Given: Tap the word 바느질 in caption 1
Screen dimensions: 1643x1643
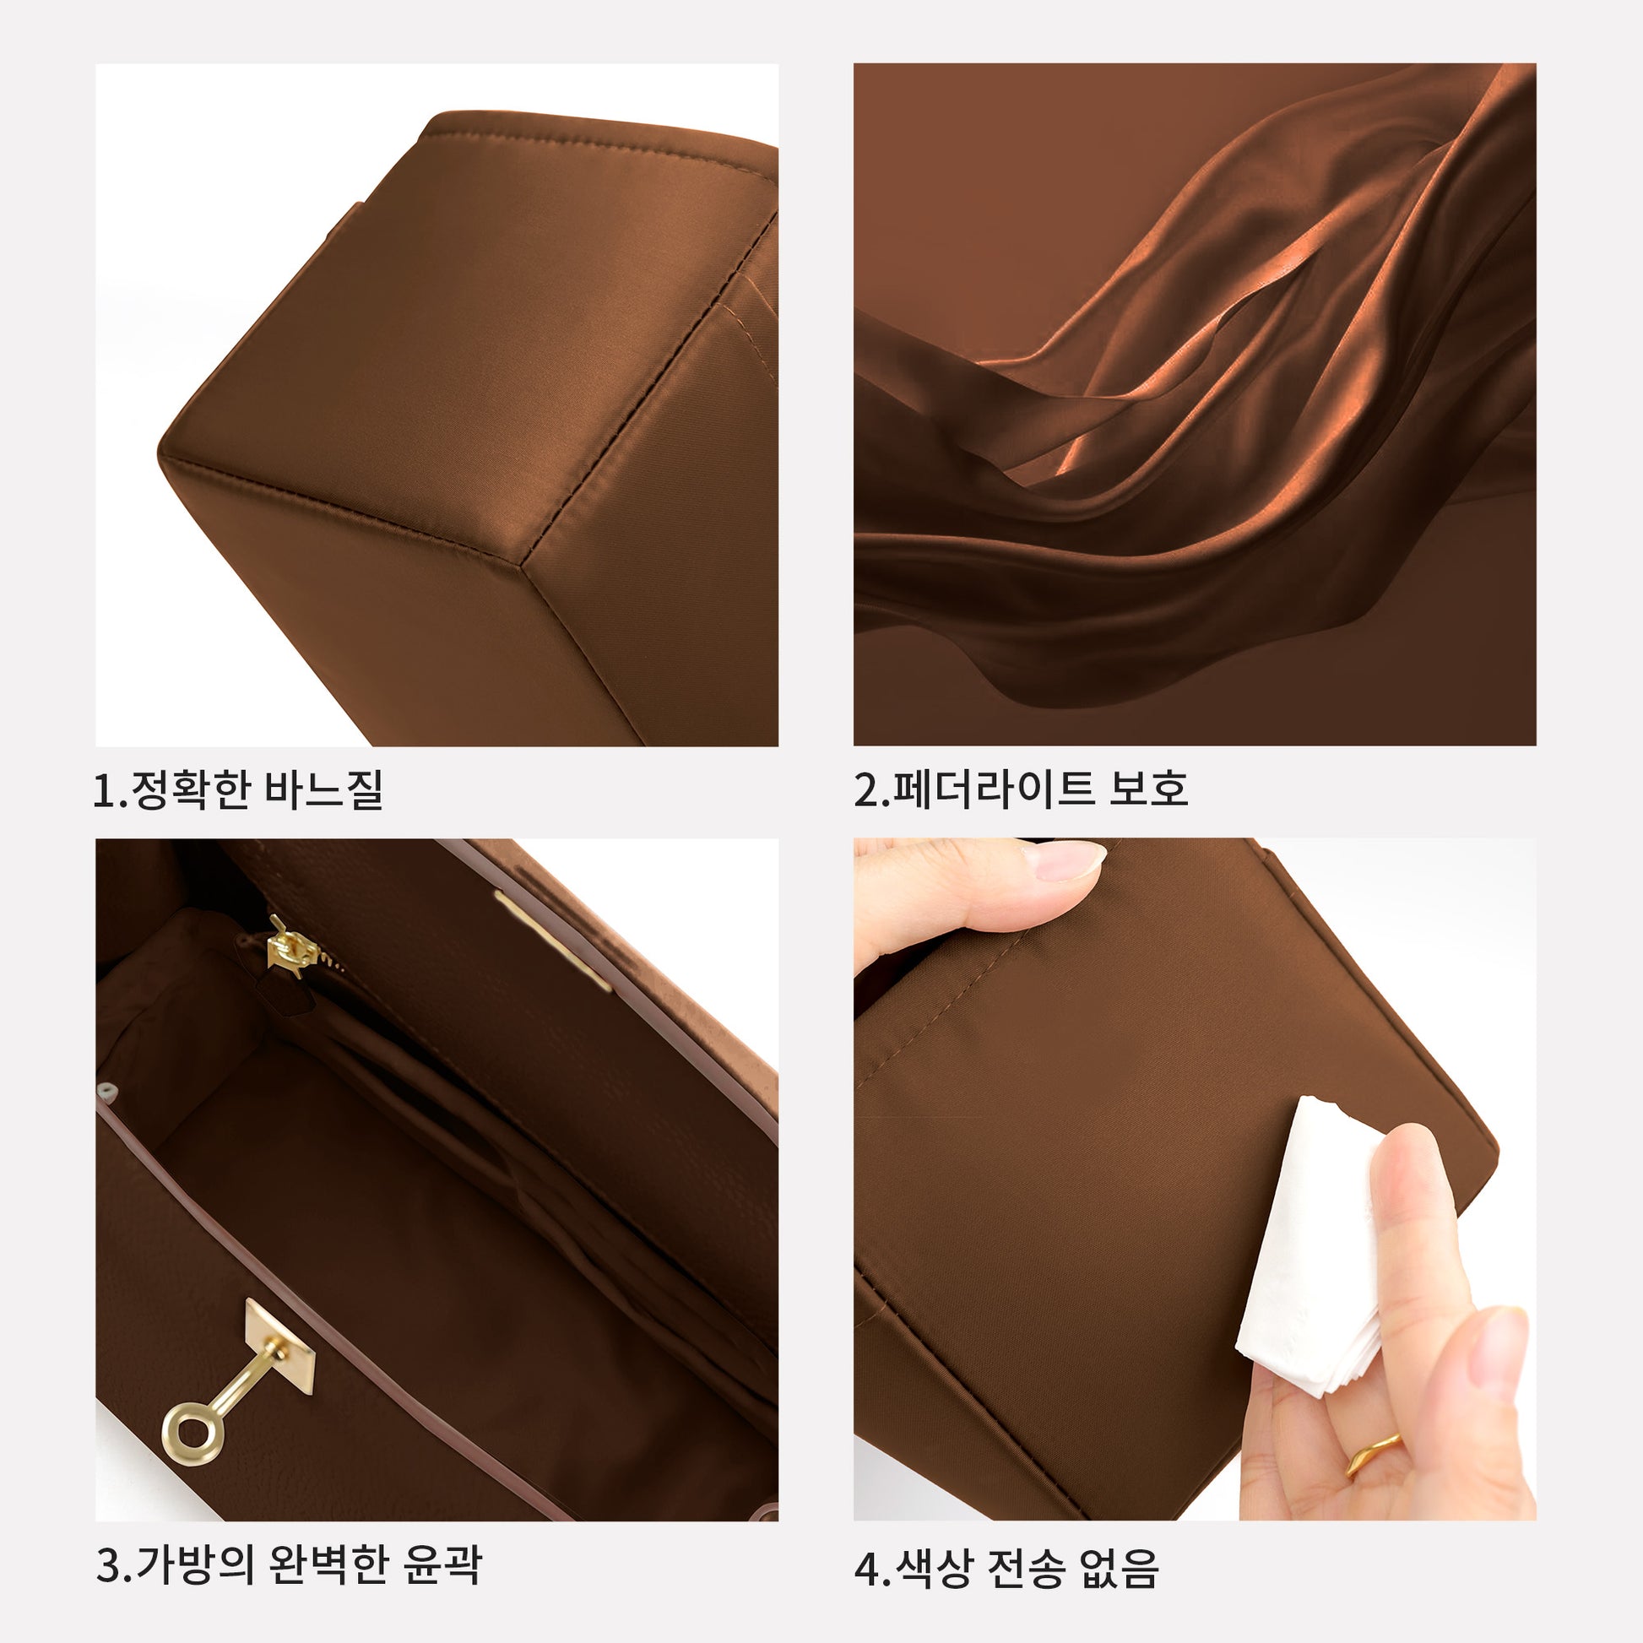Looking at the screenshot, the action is (x=324, y=789).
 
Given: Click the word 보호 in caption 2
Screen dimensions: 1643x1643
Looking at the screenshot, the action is (x=1148, y=789).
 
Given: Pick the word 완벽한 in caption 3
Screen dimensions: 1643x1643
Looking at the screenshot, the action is (x=328, y=1563).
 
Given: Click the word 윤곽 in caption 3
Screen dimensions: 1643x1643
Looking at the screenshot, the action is (x=442, y=1563).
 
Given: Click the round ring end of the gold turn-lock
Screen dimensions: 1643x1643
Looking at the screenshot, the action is (x=193, y=1433).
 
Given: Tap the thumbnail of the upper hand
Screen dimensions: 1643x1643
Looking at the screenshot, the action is (x=1063, y=860).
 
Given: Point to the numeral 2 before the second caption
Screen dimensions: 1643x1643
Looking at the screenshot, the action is (x=867, y=790).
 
